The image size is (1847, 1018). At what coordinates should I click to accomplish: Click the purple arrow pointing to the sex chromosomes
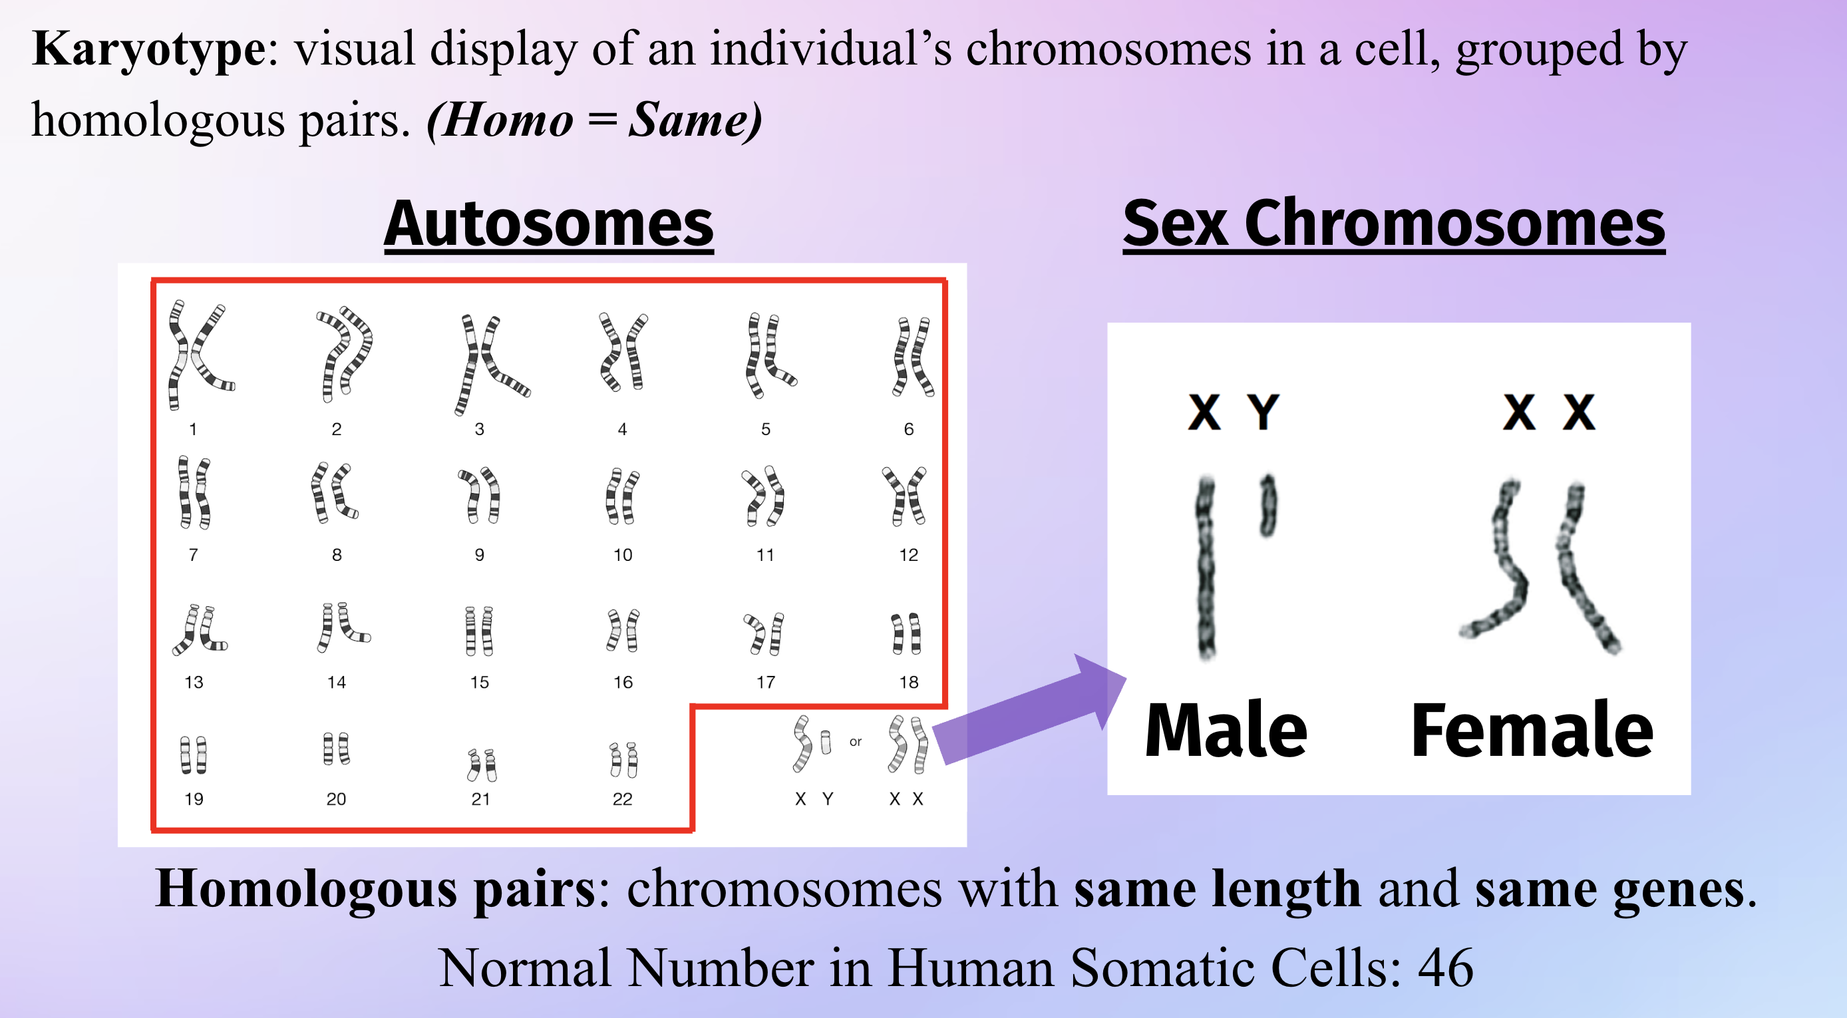click(x=1029, y=710)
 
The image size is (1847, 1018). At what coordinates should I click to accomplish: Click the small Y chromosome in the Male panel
click(x=1268, y=505)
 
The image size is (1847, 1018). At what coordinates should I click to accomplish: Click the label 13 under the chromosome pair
click(x=194, y=682)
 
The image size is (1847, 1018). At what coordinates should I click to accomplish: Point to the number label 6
click(x=908, y=428)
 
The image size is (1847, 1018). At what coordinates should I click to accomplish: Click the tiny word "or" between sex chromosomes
click(x=856, y=741)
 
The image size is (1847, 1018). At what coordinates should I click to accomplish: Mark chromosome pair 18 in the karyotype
click(x=906, y=633)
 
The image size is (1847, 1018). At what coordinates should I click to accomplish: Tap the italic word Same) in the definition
click(x=695, y=120)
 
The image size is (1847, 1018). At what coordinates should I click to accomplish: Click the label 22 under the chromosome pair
click(x=622, y=798)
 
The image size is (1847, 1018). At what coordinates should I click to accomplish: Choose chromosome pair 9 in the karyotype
click(x=480, y=494)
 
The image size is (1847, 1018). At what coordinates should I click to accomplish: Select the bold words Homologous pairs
click(x=375, y=890)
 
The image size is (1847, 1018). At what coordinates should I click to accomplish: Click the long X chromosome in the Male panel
click(x=1206, y=566)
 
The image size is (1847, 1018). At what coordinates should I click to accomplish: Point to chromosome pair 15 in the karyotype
click(x=480, y=631)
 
